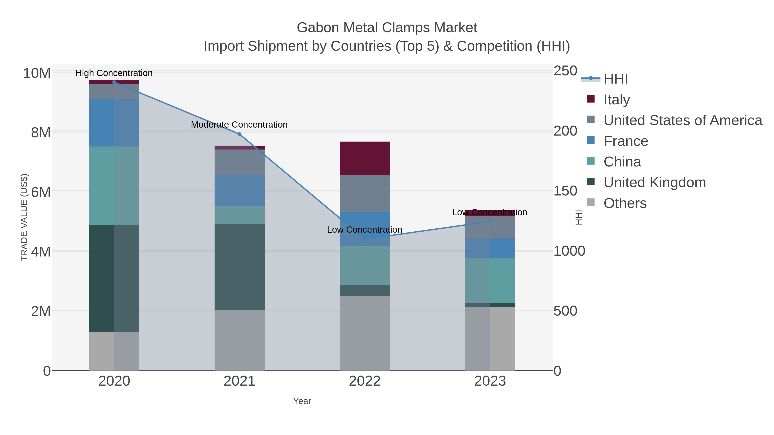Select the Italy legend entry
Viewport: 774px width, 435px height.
point(617,100)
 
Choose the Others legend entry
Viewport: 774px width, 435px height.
point(625,203)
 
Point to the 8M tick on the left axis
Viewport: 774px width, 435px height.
point(41,132)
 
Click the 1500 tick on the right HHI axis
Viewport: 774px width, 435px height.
point(565,191)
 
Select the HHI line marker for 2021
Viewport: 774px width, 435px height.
point(240,134)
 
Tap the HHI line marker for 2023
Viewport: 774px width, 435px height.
point(490,221)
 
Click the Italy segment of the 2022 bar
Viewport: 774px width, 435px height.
point(364,158)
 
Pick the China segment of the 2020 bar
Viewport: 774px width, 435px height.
point(114,186)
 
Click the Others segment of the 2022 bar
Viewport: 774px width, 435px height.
point(364,333)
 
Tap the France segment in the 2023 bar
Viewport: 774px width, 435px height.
point(490,248)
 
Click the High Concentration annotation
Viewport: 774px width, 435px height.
point(114,73)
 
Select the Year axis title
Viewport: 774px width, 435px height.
point(302,401)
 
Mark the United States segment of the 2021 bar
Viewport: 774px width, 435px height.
point(240,162)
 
